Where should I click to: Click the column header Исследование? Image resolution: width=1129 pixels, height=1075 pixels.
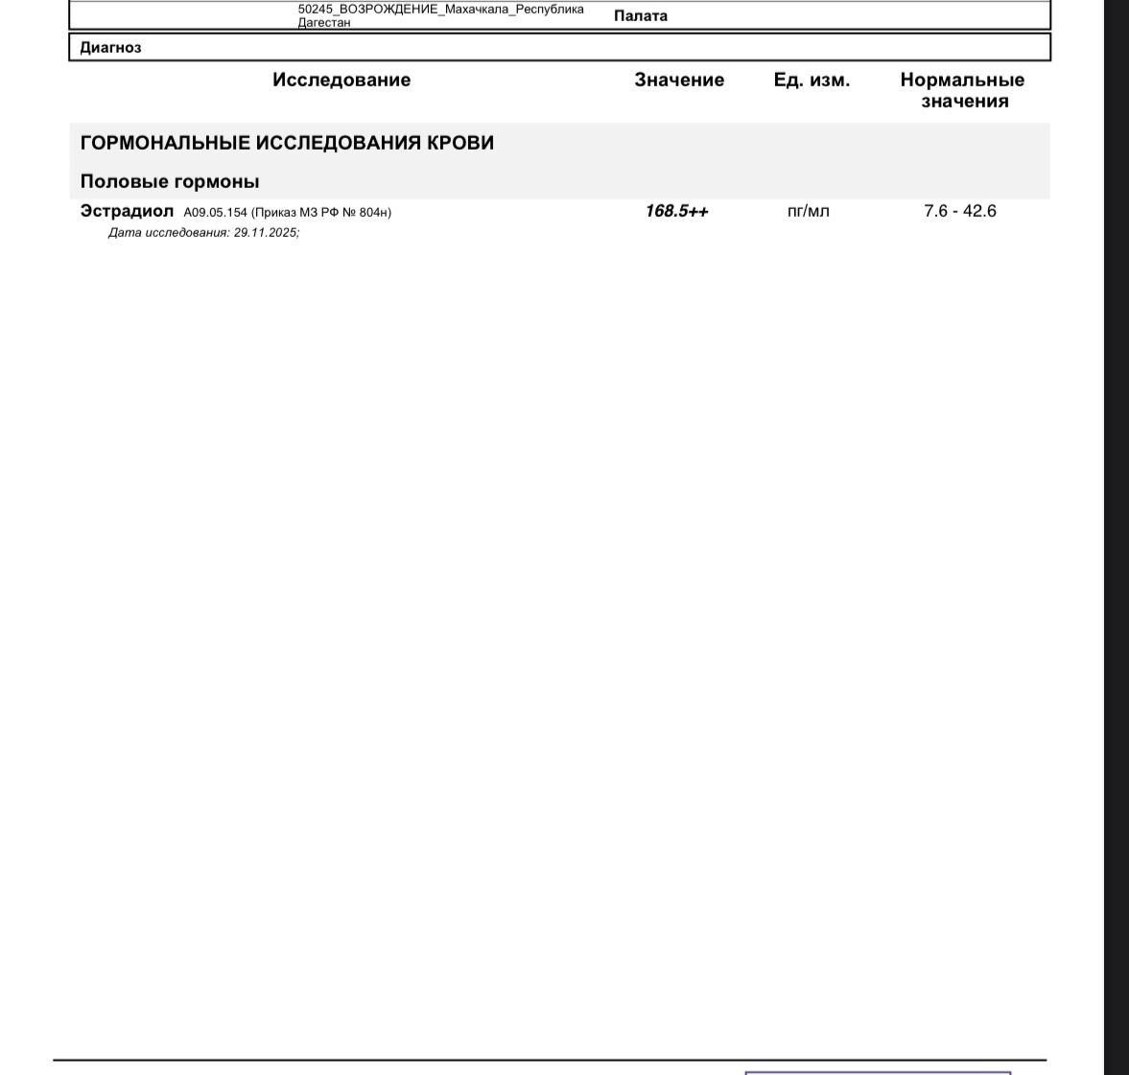coord(341,81)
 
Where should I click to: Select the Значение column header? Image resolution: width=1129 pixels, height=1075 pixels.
coord(679,81)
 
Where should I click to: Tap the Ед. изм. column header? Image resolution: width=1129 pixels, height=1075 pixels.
coord(811,81)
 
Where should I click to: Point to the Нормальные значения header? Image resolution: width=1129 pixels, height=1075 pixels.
coord(962,91)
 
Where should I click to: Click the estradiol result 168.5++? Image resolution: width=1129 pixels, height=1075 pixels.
coord(676,211)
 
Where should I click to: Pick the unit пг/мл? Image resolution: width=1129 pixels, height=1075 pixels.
coord(808,211)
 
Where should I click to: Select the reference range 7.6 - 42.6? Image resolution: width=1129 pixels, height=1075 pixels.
coord(960,211)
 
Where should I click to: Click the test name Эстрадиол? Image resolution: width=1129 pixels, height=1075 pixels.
coord(127,211)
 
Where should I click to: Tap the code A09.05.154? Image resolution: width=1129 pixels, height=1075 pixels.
coord(216,213)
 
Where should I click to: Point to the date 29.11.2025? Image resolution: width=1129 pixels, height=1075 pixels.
coord(265,233)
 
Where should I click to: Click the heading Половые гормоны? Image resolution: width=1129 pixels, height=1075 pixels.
coord(170,181)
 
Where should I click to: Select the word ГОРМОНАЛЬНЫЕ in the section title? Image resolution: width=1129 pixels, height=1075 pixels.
coord(165,143)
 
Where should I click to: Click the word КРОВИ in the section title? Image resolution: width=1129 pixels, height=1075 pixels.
coord(462,143)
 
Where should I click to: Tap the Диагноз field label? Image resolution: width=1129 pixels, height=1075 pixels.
coord(110,48)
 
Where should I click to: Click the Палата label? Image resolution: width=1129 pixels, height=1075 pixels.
coord(641,15)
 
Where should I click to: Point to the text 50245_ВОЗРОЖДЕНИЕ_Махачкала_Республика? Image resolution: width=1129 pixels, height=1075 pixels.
coord(440,10)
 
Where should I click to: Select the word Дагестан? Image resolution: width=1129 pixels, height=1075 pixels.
coord(324,22)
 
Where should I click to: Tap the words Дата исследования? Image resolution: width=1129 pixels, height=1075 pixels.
coord(168,233)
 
